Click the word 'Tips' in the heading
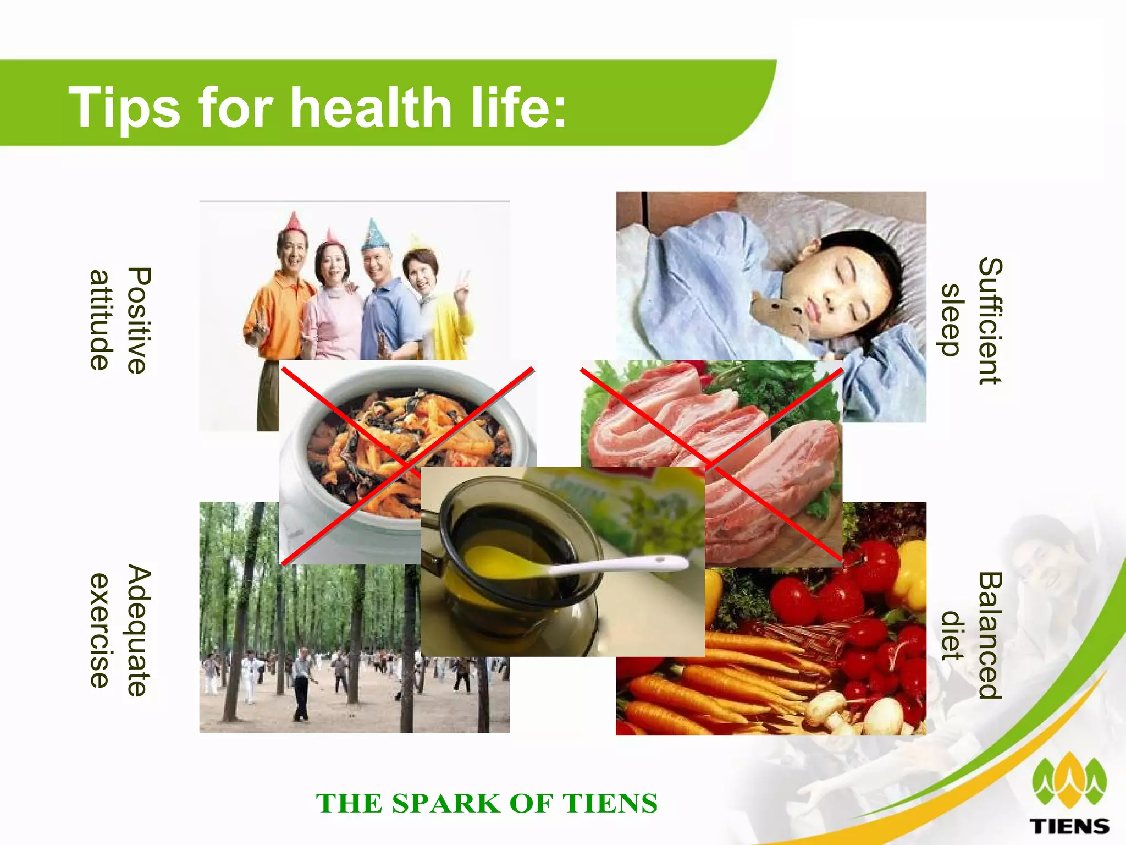coord(124,108)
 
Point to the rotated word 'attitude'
coord(101,320)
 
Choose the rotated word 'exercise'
coord(101,630)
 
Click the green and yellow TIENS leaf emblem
coord(1069,781)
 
